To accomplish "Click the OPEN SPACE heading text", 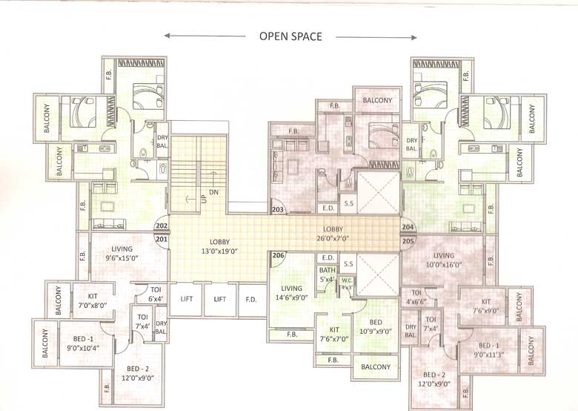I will [290, 36].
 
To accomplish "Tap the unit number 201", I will [162, 238].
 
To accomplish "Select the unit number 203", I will [279, 211].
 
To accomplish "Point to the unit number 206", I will [278, 256].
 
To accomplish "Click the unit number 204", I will [408, 227].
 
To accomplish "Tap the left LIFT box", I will [186, 300].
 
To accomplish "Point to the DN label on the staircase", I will [214, 191].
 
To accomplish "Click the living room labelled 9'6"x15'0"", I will [122, 254].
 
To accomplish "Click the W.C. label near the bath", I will [346, 283].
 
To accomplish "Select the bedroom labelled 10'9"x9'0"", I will [376, 327].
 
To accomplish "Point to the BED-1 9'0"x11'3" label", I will [488, 349].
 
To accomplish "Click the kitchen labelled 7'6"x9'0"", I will [485, 306].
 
